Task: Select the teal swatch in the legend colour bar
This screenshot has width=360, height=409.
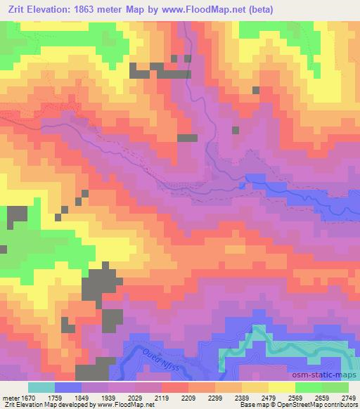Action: [41, 387]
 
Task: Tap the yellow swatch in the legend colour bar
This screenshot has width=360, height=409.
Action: [281, 387]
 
